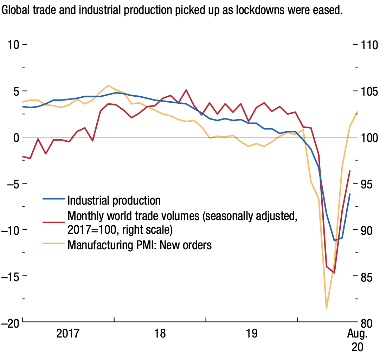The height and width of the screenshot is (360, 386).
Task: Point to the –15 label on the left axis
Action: tap(10, 277)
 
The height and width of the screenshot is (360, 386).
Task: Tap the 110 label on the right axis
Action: tap(369, 45)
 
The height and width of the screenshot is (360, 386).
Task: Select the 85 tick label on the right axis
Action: tap(366, 277)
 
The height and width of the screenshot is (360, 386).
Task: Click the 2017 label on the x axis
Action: tap(68, 333)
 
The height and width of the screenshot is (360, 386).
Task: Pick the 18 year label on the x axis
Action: tap(160, 333)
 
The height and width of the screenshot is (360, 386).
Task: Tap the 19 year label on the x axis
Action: tap(252, 333)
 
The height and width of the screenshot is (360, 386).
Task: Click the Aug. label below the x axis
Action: tap(357, 334)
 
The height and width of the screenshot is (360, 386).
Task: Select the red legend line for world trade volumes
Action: tap(53, 222)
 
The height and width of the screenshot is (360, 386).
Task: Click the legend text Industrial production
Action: tap(114, 200)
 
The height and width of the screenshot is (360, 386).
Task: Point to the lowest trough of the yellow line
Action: tap(327, 308)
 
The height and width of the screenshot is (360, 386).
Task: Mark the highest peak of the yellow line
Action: tap(108, 85)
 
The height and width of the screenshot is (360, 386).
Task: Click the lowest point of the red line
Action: tap(334, 273)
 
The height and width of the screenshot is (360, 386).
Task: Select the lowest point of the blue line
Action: tap(334, 240)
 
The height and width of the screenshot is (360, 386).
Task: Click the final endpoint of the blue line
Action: tap(350, 194)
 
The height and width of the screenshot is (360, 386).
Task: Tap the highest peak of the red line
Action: tap(186, 90)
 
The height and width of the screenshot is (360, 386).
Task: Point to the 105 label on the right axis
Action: tap(369, 91)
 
